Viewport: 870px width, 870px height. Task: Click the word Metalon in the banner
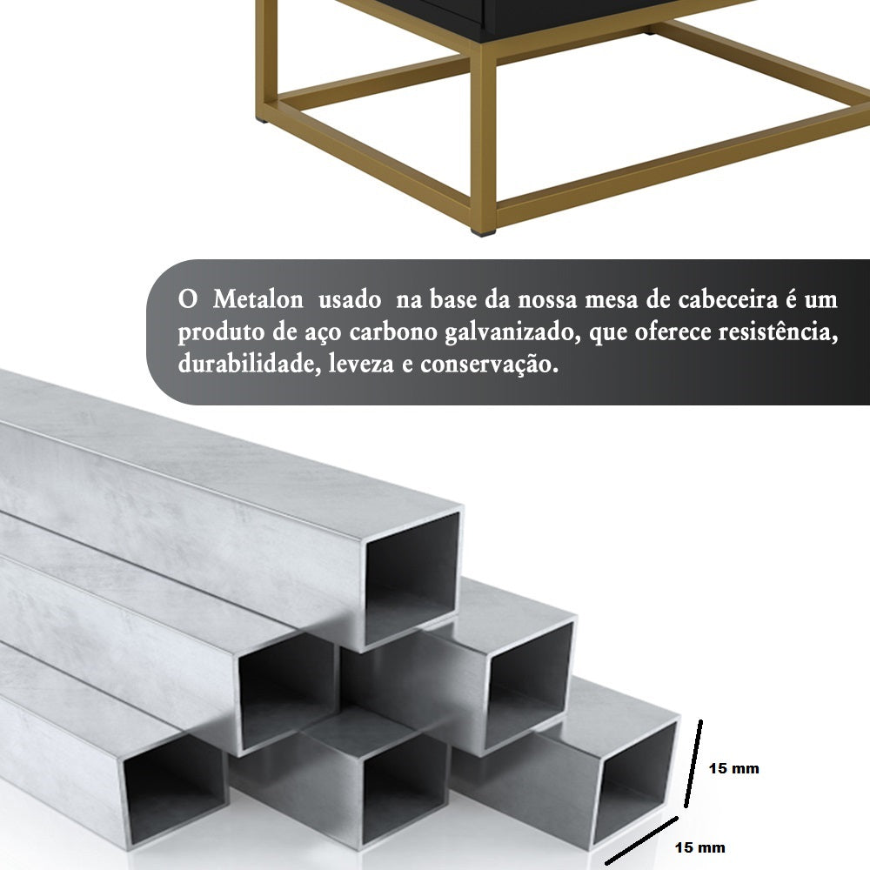pyautogui.click(x=258, y=300)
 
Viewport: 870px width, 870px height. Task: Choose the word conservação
pyautogui.click(x=488, y=365)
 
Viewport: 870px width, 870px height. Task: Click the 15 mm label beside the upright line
pyautogui.click(x=733, y=768)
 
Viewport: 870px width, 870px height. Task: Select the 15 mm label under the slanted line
pyautogui.click(x=699, y=847)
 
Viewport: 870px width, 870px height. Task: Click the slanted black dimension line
pyautogui.click(x=641, y=841)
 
